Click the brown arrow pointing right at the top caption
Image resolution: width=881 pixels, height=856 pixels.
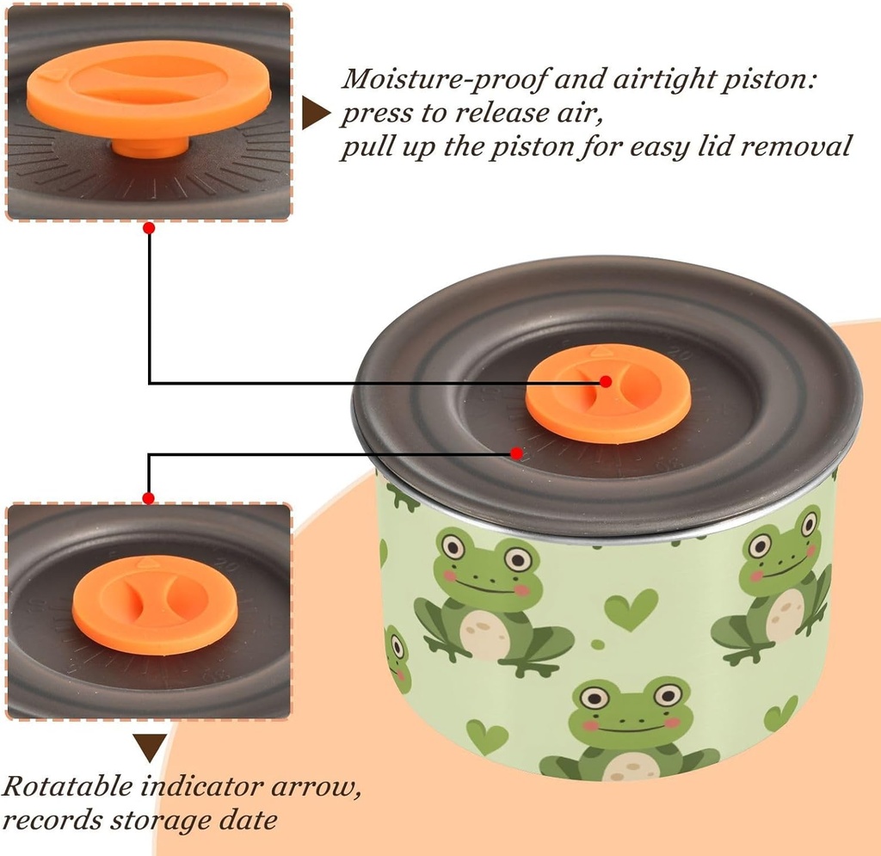pos(316,114)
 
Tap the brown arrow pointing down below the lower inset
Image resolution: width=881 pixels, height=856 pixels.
pos(151,747)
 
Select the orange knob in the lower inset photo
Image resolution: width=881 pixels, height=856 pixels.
pos(143,603)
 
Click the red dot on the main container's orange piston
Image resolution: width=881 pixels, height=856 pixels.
pos(606,381)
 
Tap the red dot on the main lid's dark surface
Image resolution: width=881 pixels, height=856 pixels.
pos(516,453)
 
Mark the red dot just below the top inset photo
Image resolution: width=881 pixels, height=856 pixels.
pos(149,229)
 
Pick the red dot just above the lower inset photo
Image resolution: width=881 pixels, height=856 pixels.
pos(149,498)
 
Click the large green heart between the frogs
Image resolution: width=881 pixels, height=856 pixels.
pos(630,608)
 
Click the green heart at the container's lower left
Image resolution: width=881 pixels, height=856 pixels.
pos(486,736)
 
